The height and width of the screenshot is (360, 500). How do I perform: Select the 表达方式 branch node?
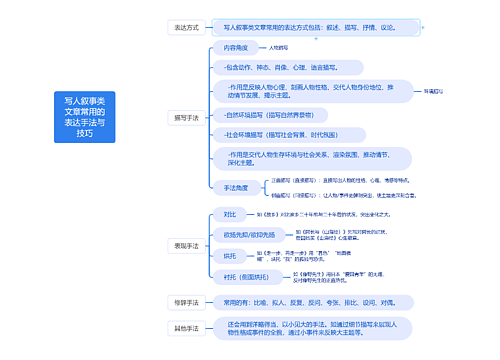click(187, 28)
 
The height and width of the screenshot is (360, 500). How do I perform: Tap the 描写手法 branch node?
click(187, 117)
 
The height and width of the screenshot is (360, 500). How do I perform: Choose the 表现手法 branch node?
click(187, 244)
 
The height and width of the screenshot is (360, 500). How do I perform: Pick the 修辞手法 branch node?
click(187, 301)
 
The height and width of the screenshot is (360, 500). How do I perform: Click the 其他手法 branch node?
click(187, 328)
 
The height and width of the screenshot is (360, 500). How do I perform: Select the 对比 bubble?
click(230, 213)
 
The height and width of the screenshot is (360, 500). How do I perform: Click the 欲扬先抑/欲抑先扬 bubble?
click(249, 234)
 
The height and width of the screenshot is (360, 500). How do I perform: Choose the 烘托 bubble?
click(230, 255)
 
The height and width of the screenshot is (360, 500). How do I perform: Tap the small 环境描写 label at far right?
click(433, 91)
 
